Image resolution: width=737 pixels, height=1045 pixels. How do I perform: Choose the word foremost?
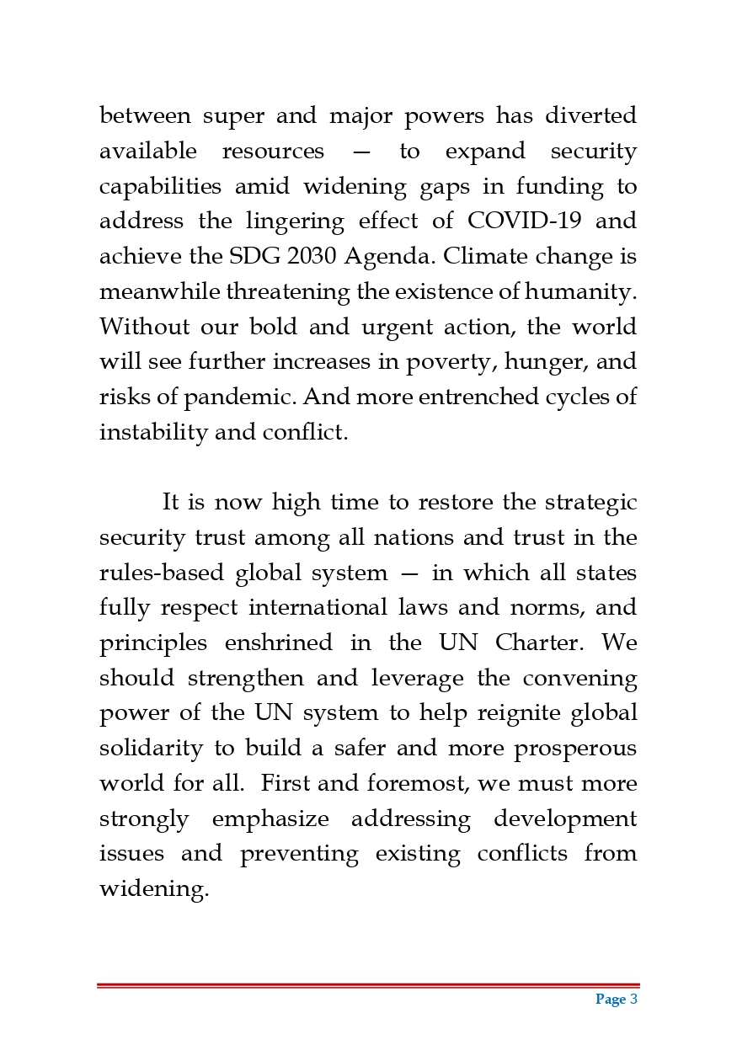419,784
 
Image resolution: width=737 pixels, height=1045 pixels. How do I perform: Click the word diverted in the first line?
590,115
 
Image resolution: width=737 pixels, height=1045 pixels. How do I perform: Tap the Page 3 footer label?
617,1000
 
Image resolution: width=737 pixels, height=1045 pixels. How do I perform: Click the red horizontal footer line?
368,985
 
